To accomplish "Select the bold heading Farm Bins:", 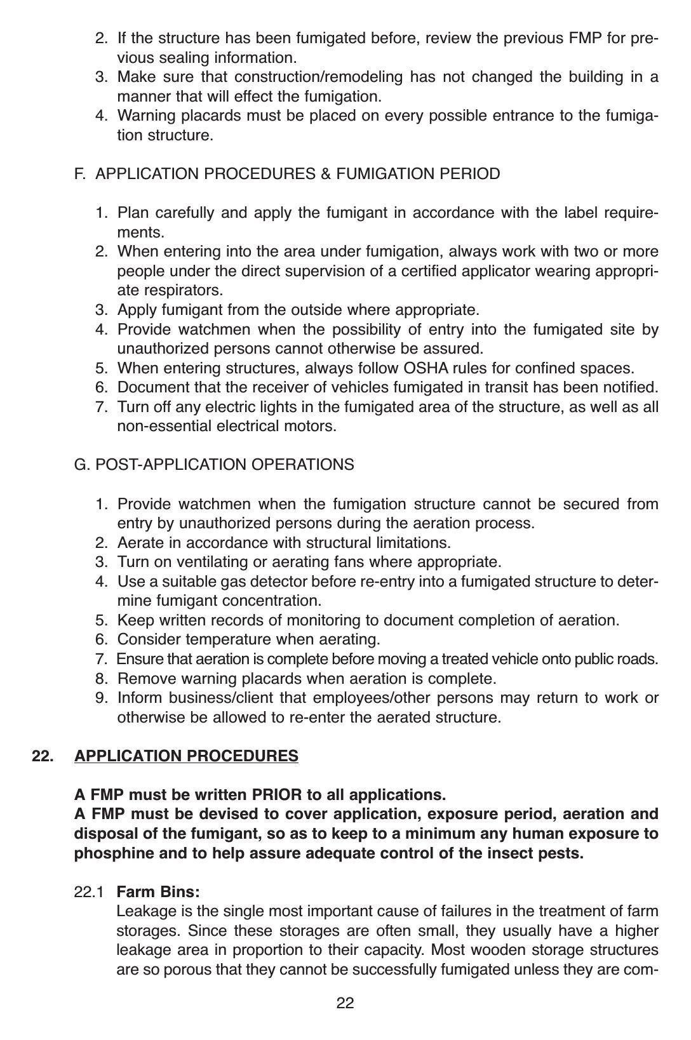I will (158, 892).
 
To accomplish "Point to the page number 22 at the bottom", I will (345, 1003).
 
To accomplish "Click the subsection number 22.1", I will (89, 892).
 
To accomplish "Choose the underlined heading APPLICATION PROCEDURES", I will (186, 756).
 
